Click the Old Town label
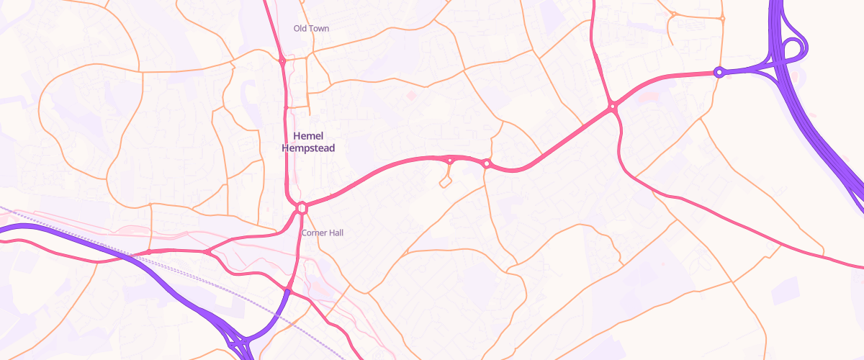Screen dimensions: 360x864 point(311,28)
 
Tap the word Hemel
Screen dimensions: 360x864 point(309,136)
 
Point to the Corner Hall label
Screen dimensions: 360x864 point(323,233)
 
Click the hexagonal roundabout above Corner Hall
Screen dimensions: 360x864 point(302,207)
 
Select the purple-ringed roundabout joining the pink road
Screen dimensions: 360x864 point(718,72)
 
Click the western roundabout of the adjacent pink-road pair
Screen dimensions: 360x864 point(450,160)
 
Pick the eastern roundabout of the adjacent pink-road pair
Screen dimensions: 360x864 point(487,164)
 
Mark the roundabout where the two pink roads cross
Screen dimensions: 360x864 point(613,107)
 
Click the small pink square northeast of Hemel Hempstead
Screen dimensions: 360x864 point(411,94)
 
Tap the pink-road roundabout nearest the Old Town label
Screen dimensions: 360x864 point(282,62)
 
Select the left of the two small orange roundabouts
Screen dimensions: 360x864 point(673,14)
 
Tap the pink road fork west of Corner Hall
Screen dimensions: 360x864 point(207,252)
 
